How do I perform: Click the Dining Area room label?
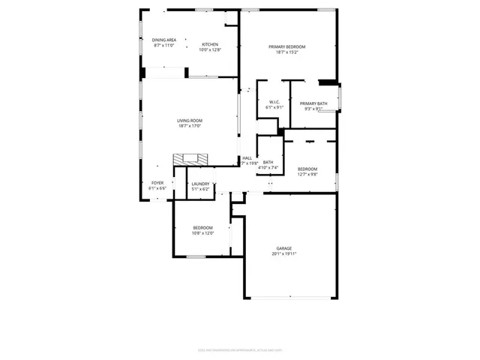point(164,40)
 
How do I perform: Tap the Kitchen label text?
point(209,45)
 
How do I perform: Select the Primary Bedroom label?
point(287,47)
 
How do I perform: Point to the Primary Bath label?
point(313,103)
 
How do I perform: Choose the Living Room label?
point(190,121)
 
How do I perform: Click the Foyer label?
point(157,183)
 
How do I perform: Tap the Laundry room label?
point(200,184)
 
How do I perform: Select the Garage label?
point(284,248)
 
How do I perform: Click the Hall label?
point(247,158)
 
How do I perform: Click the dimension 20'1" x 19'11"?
point(284,253)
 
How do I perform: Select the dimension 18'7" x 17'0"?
point(190,126)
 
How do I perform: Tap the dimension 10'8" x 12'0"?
point(203,232)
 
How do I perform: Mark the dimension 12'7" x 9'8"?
point(307,174)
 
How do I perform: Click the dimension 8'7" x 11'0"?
point(164,45)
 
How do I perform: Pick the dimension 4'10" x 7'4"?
point(268,167)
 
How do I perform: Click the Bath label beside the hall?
point(268,162)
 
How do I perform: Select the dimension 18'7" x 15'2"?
point(287,52)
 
